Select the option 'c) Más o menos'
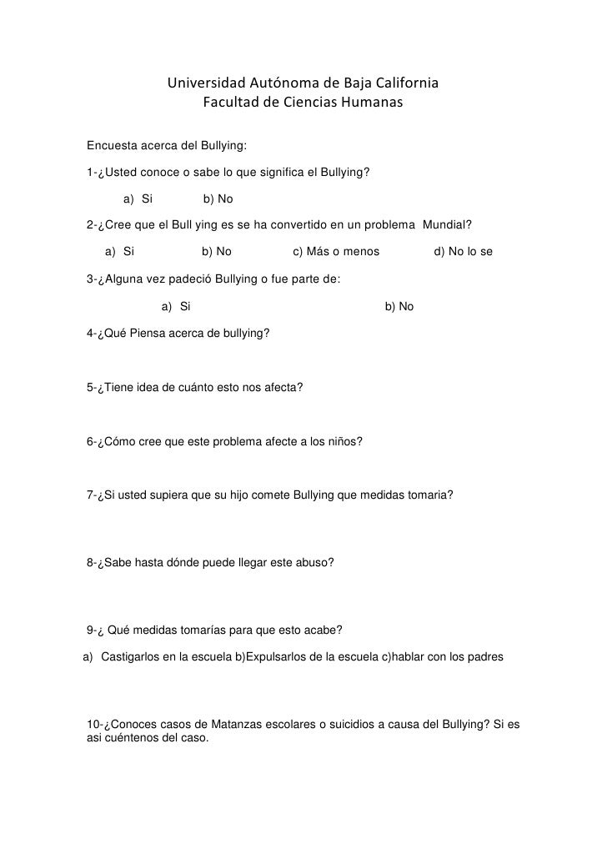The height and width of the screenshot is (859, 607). (336, 252)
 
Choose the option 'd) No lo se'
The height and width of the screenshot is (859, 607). (464, 252)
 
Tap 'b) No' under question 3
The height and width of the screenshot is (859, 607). (399, 307)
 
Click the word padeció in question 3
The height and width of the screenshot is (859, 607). (198, 279)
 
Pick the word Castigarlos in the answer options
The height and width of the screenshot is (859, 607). (130, 657)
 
